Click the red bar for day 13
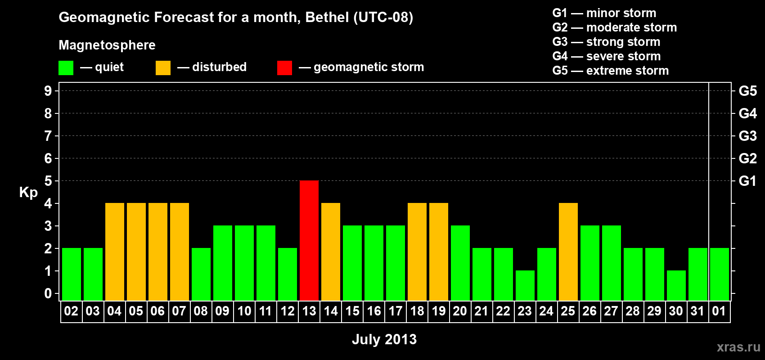tap(309, 240)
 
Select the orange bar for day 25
tap(568, 252)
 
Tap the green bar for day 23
tap(525, 285)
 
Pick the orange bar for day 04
tap(115, 252)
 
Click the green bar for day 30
tap(676, 285)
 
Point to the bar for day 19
tap(439, 252)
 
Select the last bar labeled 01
tap(720, 274)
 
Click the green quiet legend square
tap(66, 68)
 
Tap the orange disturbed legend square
tap(163, 68)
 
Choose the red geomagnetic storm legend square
tap(284, 68)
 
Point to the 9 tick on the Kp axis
tap(48, 91)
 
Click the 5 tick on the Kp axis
tap(48, 181)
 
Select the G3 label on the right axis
tap(747, 136)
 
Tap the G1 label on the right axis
tap(747, 181)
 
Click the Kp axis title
tap(28, 192)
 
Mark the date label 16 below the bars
tap(374, 311)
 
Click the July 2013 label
tap(384, 339)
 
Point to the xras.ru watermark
tap(738, 347)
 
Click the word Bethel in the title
tap(327, 17)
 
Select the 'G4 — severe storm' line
tap(607, 56)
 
